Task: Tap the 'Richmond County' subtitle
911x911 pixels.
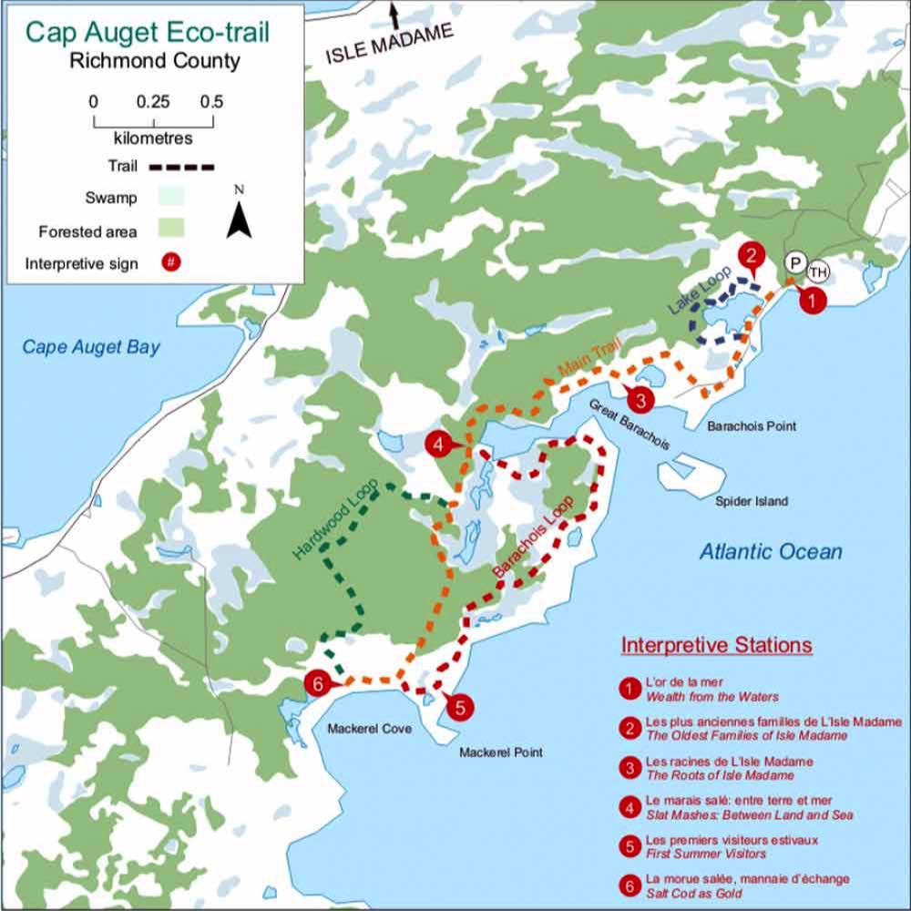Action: point(154,62)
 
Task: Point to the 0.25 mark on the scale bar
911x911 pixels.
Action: point(153,102)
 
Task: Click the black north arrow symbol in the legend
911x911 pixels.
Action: point(239,219)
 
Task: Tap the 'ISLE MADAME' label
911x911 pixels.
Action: point(390,44)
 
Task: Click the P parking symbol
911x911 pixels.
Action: point(794,263)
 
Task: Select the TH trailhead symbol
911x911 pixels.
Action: point(817,270)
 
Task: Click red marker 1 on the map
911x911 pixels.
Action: point(813,297)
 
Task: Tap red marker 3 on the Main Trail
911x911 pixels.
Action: point(640,399)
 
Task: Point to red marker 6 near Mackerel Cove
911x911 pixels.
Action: point(316,682)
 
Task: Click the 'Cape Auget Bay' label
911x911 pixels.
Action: point(91,347)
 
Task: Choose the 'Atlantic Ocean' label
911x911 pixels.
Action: point(771,551)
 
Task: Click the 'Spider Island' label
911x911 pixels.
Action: point(752,501)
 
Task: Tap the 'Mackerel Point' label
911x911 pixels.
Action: point(500,752)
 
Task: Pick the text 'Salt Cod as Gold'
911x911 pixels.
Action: point(693,894)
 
